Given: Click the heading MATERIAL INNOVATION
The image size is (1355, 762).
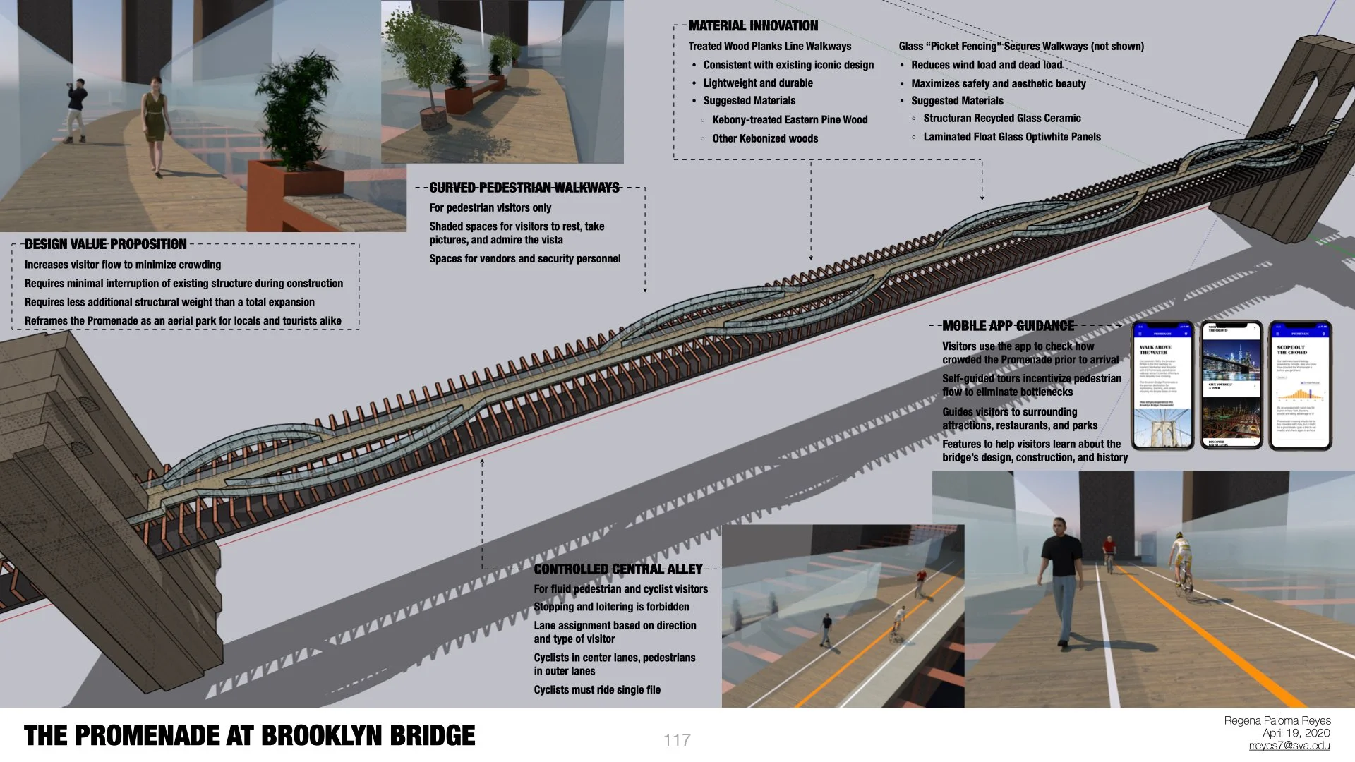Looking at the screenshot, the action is (x=753, y=26).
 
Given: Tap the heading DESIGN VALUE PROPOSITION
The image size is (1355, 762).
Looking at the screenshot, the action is (x=106, y=244).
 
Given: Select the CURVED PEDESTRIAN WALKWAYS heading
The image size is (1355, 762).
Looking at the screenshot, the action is (x=524, y=188).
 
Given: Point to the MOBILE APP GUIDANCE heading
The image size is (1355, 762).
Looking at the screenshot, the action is (x=1008, y=326).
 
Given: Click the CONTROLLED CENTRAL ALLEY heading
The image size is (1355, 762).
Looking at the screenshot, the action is (x=618, y=569).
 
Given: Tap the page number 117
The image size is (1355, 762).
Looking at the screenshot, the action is (x=677, y=739).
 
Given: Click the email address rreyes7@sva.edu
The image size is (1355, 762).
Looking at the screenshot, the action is (x=1289, y=746).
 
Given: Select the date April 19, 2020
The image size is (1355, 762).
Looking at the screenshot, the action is (x=1296, y=733).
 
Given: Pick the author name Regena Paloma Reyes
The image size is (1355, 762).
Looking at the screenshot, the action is (x=1277, y=720).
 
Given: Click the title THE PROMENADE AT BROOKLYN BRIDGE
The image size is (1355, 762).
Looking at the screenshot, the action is (x=249, y=735).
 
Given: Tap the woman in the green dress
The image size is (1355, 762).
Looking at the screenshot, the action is (x=155, y=127).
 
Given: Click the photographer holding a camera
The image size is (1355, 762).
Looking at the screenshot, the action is (x=76, y=109).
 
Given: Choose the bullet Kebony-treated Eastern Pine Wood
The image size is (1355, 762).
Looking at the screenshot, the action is (x=790, y=120).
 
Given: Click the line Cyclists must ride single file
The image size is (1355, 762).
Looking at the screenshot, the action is (x=597, y=690).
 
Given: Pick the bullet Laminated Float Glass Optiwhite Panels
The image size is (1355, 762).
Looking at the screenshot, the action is (x=1011, y=137).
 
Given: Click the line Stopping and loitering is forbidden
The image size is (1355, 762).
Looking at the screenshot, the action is (x=611, y=607).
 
